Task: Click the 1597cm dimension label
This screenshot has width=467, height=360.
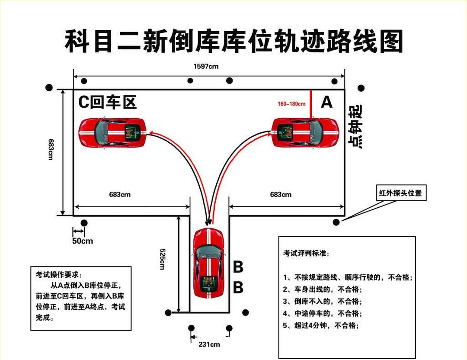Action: [x=205, y=66]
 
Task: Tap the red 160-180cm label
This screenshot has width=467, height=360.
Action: [x=291, y=104]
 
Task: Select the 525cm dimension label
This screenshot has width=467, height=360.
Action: [x=162, y=259]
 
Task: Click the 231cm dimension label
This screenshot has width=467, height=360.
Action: [x=209, y=344]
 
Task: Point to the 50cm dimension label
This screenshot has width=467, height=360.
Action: [x=82, y=241]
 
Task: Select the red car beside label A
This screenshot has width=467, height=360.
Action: [x=305, y=132]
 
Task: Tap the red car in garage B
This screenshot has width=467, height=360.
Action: [x=208, y=263]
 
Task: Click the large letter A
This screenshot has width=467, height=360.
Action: [x=326, y=103]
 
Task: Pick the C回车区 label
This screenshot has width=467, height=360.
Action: [x=107, y=102]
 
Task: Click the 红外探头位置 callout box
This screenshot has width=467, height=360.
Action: [x=400, y=193]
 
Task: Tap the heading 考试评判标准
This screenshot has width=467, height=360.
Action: [x=305, y=254]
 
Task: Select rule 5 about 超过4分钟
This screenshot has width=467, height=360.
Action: [x=321, y=325]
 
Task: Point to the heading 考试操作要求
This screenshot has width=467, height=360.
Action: [x=58, y=275]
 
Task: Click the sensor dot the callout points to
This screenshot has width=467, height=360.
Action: [x=336, y=222]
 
